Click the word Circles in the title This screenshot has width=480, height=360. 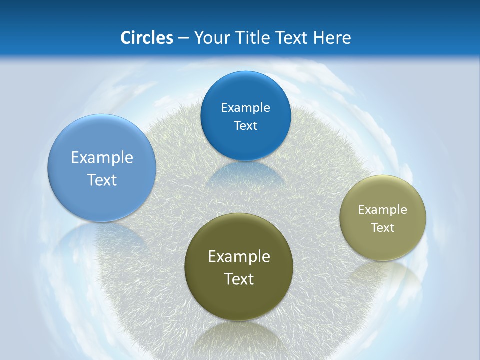[146, 38]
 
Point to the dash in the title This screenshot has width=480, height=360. [183, 38]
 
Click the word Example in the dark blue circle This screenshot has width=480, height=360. [245, 108]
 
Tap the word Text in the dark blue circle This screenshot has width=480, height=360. [245, 126]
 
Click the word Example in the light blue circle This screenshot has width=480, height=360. [102, 158]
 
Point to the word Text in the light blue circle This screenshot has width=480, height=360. [102, 180]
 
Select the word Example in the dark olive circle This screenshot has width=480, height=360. [239, 257]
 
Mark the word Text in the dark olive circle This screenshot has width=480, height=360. [239, 279]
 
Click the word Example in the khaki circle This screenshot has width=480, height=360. [382, 210]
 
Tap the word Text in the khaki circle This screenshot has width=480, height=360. [382, 228]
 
